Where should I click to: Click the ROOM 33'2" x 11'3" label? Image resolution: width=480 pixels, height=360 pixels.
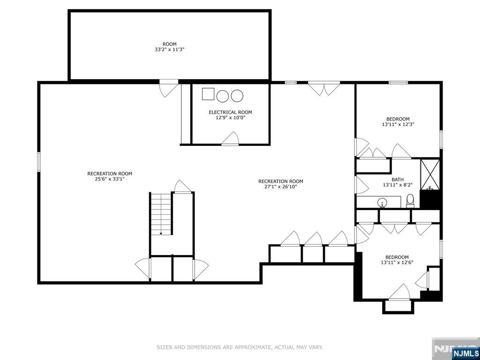(169, 46)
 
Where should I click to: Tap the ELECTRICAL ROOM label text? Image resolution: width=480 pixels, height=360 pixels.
(230, 112)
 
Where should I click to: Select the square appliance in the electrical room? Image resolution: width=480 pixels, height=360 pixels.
(208, 94)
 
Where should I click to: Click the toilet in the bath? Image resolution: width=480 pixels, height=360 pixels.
(410, 200)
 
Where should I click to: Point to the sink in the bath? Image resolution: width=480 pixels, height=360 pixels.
(382, 202)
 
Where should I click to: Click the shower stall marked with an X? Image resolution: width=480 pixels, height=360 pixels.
(430, 174)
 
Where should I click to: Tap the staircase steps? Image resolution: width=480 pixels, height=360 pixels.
(161, 214)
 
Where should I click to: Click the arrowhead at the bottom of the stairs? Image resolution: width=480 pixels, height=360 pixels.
(161, 233)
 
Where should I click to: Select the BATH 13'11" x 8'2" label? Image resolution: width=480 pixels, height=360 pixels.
(397, 182)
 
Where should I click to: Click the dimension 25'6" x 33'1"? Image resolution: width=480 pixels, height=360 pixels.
(110, 179)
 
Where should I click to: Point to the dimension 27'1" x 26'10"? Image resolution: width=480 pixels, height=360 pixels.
(281, 187)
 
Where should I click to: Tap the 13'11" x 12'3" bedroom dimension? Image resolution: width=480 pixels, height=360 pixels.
(397, 125)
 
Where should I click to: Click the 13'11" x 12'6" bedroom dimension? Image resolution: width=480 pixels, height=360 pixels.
(397, 262)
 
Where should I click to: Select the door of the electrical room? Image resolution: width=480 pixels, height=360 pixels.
(230, 139)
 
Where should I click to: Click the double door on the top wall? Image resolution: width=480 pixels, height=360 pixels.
(324, 89)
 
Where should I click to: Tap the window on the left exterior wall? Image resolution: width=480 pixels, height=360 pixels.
(39, 161)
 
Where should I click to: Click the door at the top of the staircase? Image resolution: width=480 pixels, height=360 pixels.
(183, 187)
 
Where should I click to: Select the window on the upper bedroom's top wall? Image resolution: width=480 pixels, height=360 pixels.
(398, 82)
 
